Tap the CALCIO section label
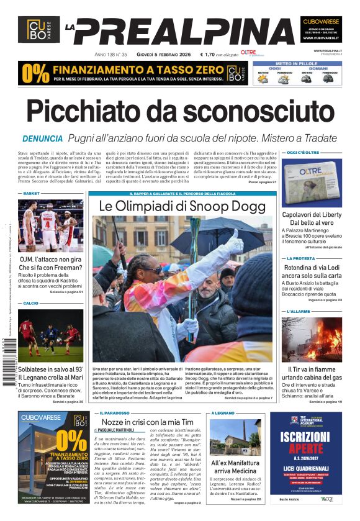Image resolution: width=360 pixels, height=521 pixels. tap(31, 303)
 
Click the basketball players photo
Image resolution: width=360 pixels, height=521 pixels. tap(50, 225)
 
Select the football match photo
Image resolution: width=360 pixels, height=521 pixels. tap(50, 335)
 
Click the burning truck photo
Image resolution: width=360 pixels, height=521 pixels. tap(312, 338)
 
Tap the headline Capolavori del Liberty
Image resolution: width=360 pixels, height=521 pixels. tap(312, 215)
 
